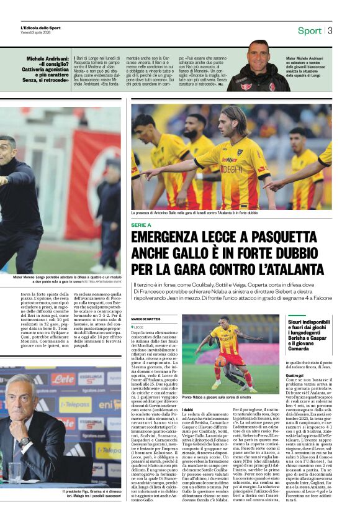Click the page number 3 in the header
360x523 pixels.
[x=330, y=30]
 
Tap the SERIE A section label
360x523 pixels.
[x=142, y=224]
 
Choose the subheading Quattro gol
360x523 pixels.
[x=295, y=376]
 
